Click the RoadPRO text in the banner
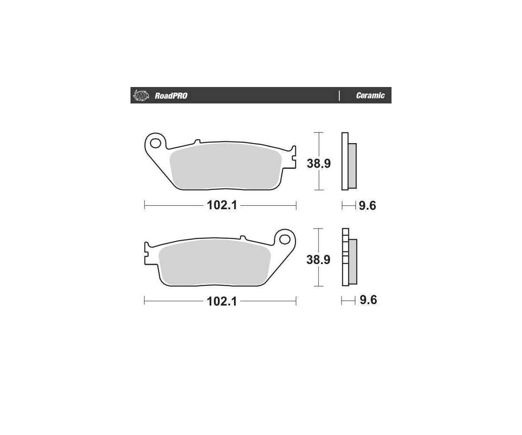point(171,96)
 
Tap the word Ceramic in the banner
point(370,95)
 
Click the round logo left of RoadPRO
point(141,96)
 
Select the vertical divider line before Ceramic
point(339,96)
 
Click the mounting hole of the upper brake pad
point(155,144)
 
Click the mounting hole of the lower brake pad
point(284,239)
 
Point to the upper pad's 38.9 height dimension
point(319,164)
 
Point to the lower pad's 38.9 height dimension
point(318,260)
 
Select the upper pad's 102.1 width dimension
point(222,205)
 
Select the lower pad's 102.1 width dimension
point(222,301)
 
